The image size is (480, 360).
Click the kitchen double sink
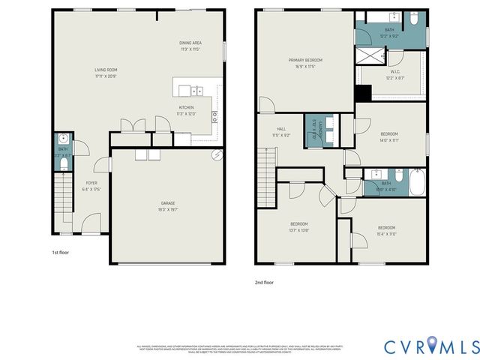[196, 91]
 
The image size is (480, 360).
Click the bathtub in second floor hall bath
[415, 182]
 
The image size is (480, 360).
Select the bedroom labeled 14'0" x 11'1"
[388, 139]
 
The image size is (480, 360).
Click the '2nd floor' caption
[264, 283]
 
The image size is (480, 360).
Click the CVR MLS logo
[431, 346]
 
